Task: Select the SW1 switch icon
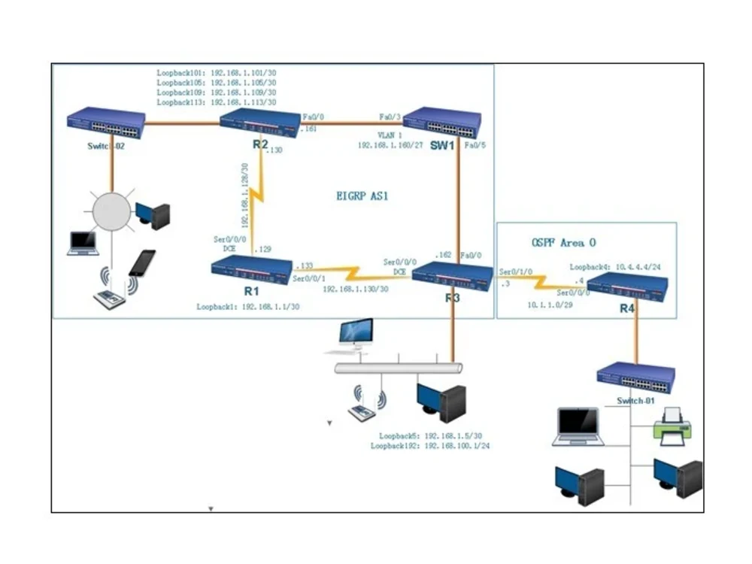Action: tap(442, 122)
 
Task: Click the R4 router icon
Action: tap(626, 287)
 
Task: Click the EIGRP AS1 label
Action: tap(362, 196)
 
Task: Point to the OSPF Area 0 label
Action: tap(563, 243)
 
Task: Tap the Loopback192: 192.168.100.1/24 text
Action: tap(430, 446)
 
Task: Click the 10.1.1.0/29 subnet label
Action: tap(544, 305)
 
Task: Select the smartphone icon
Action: tap(142, 262)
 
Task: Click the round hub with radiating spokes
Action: tap(111, 210)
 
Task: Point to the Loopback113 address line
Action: tap(216, 102)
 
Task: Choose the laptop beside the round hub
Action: tap(83, 243)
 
